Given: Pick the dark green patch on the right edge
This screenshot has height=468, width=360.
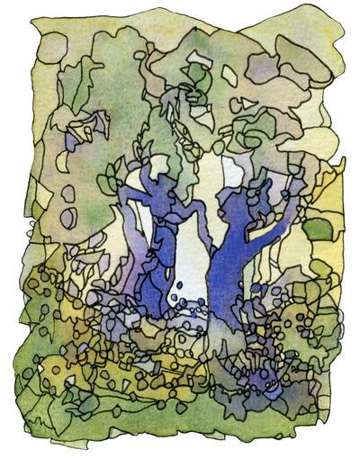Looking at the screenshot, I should pyautogui.click(x=318, y=229).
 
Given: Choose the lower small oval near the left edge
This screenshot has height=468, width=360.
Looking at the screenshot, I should pyautogui.click(x=67, y=217).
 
